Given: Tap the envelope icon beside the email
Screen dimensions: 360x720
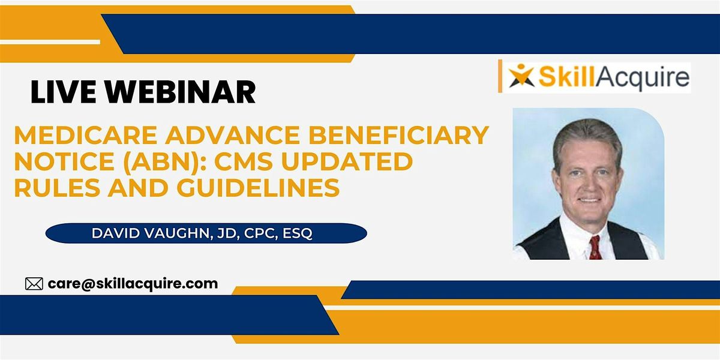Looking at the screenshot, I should pos(34,284).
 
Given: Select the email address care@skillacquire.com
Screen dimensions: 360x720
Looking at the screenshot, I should pos(133,283).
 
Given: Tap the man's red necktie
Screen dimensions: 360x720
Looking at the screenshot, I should pos(595,246).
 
